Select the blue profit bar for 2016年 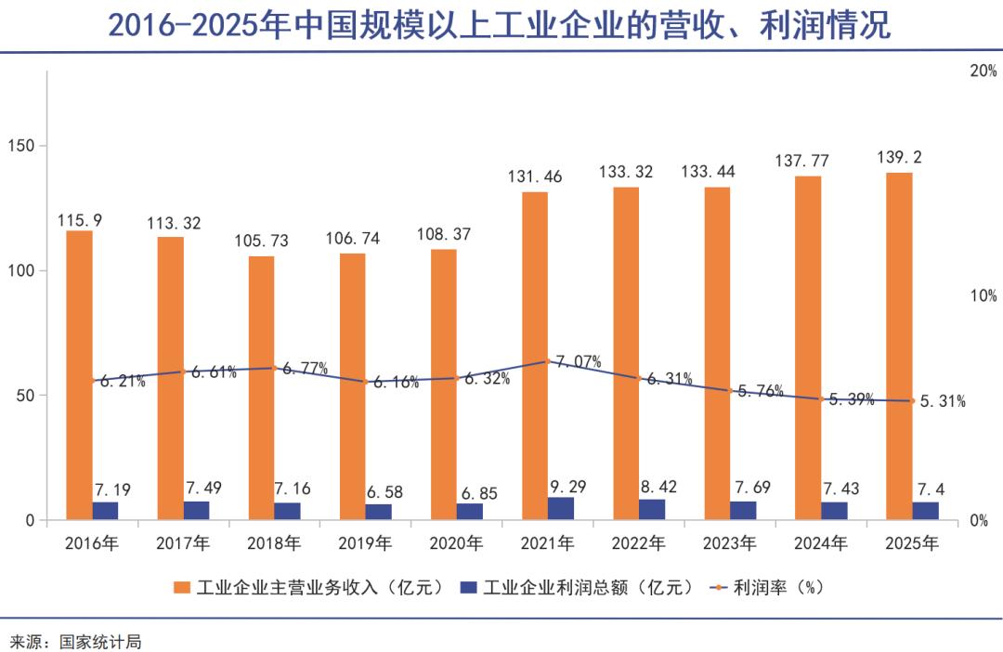tap(105, 511)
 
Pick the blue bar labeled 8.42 tap(652, 510)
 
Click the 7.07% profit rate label tap(578, 361)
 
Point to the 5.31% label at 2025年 tap(942, 402)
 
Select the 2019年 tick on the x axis tap(365, 542)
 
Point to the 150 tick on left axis tap(20, 146)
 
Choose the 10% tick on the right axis tap(983, 296)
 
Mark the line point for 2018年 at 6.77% tap(275, 368)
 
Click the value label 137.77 tap(801, 162)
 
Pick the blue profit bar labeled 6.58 tap(378, 512)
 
